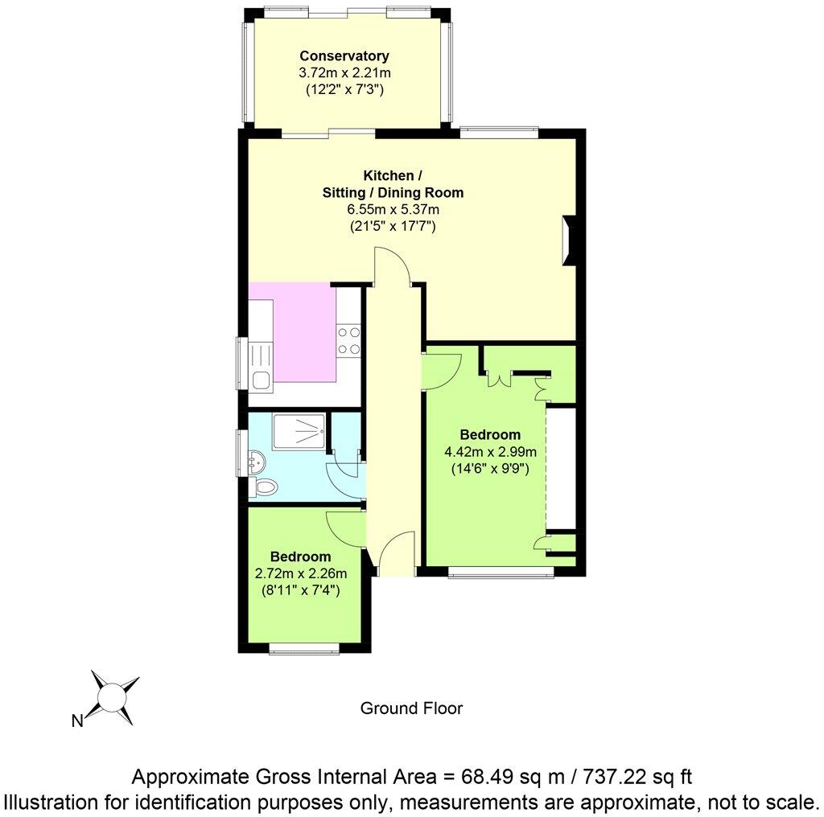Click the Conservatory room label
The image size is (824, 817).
click(344, 56)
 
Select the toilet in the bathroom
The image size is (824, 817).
click(265, 487)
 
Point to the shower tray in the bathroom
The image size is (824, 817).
click(300, 433)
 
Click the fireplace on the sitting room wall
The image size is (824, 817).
click(570, 240)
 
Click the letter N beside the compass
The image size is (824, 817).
click(78, 721)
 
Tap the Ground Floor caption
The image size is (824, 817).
click(411, 708)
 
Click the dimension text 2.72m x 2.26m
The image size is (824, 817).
click(300, 573)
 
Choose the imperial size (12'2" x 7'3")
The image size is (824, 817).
click(344, 89)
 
